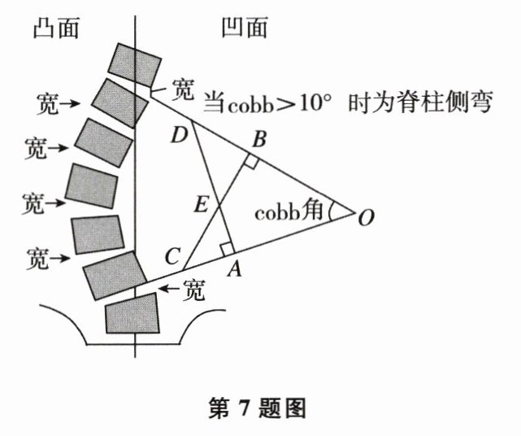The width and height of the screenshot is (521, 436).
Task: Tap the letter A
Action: click(235, 270)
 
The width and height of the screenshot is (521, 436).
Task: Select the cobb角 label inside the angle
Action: click(290, 212)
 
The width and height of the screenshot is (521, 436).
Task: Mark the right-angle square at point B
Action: click(251, 163)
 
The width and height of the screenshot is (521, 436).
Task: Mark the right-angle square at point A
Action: click(227, 248)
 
